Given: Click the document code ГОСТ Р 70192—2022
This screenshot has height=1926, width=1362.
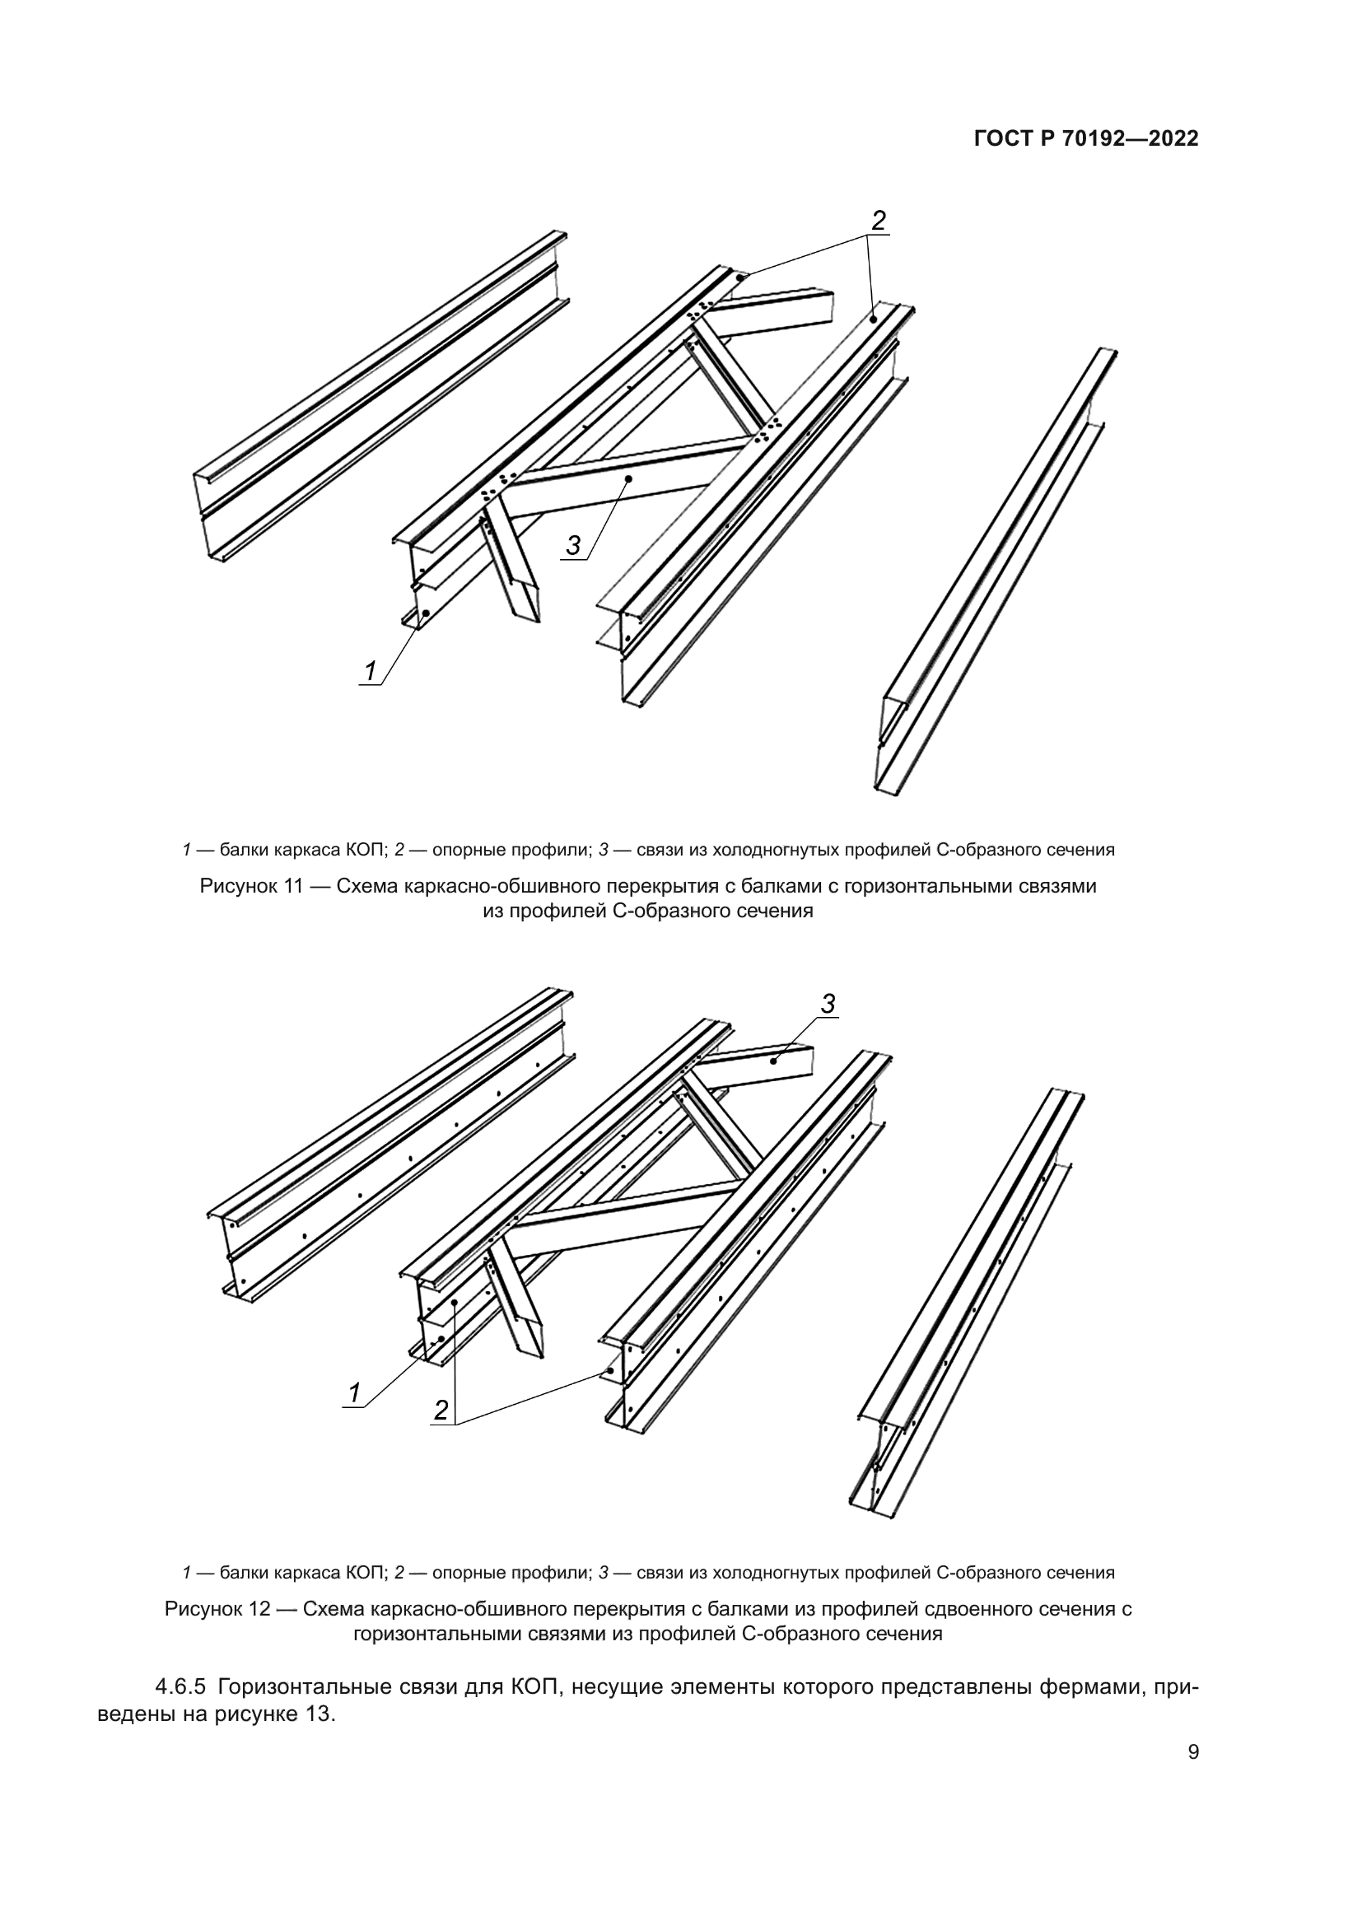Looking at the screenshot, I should pyautogui.click(x=1086, y=139).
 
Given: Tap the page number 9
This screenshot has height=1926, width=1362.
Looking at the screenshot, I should pyautogui.click(x=1193, y=1775).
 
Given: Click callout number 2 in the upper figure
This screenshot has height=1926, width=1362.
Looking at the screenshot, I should pyautogui.click(x=878, y=221).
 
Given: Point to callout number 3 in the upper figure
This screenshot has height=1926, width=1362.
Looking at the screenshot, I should pyautogui.click(x=573, y=546).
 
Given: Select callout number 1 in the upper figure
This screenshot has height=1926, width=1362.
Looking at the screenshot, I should pyautogui.click(x=370, y=672).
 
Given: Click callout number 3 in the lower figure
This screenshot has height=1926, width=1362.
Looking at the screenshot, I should pyautogui.click(x=828, y=1004).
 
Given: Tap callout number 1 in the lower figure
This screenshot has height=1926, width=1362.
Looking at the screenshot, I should pyautogui.click(x=354, y=1392).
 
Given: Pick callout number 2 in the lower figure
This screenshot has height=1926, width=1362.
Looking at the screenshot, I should pyautogui.click(x=441, y=1410).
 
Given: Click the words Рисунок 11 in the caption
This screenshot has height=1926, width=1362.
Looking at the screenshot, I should pyautogui.click(x=251, y=887).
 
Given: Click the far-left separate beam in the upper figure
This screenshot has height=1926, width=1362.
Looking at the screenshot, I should pyautogui.click(x=377, y=394).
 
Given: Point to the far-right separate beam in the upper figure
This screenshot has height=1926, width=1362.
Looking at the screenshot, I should pyautogui.click(x=998, y=571).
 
